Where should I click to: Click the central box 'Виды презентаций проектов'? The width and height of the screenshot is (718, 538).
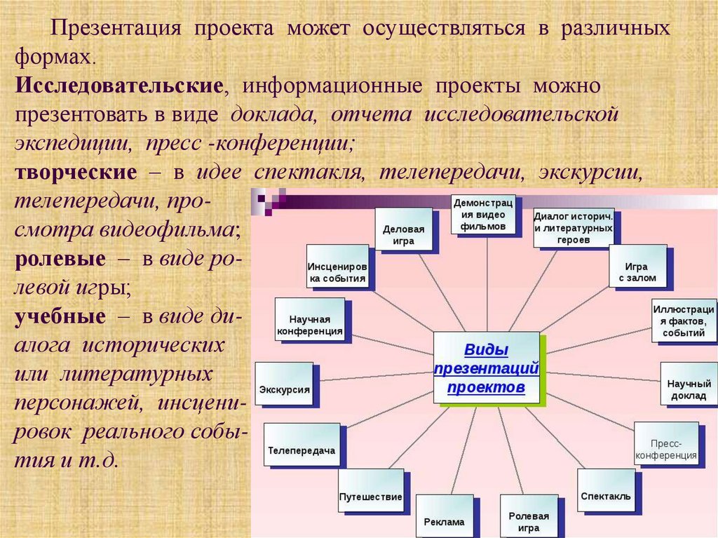pos(486,368)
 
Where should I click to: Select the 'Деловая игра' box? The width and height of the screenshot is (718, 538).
pos(403,229)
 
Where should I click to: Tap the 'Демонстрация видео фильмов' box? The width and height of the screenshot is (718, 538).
pos(483,214)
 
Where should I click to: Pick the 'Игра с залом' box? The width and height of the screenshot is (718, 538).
pos(637,267)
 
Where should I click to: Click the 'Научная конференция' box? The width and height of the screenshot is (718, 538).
pos(310,318)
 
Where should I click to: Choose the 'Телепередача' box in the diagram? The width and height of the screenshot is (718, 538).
pos(302,445)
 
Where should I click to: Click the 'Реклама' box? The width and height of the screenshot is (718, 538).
pos(444,516)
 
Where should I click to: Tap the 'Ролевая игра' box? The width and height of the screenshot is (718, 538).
pos(528,516)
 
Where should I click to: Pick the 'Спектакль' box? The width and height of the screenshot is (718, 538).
pos(606,490)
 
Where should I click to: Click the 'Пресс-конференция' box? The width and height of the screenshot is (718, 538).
pos(666,444)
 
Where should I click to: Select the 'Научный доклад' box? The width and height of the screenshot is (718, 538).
pos(689,384)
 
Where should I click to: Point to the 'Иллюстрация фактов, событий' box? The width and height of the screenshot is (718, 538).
pos(684,320)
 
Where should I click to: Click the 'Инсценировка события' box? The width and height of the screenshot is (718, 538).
pos(337,267)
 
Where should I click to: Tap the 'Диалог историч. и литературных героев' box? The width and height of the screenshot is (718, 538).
pos(574,227)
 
